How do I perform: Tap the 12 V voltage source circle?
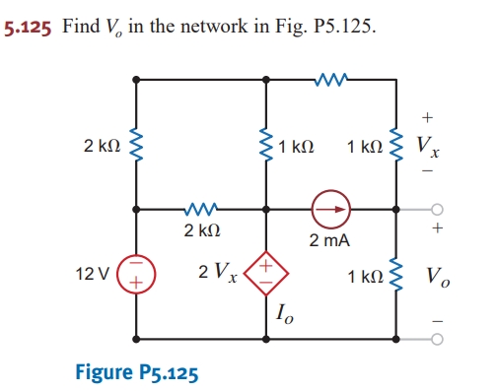pyautogui.click(x=134, y=272)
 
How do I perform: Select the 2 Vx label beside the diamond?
pyautogui.click(x=218, y=272)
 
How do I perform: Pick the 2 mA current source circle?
pyautogui.click(x=331, y=209)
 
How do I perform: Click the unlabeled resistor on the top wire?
pyautogui.click(x=330, y=78)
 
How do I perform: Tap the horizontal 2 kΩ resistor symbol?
pyautogui.click(x=200, y=209)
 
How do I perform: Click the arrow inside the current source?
pyautogui.click(x=333, y=209)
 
